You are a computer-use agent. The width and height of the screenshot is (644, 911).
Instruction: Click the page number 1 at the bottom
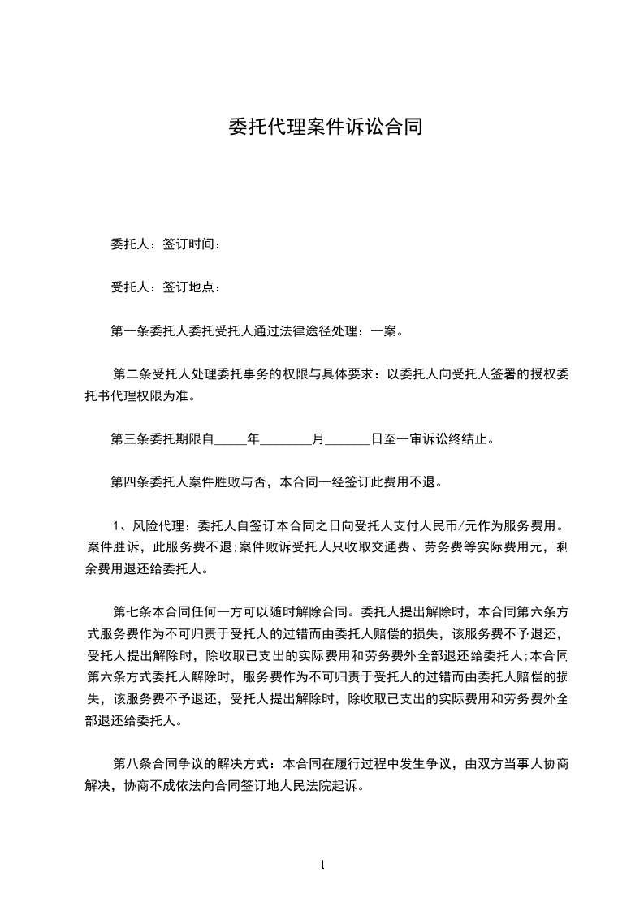[x=322, y=865]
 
